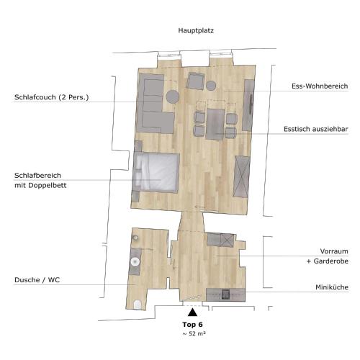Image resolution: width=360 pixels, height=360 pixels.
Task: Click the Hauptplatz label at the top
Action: pyautogui.click(x=196, y=31)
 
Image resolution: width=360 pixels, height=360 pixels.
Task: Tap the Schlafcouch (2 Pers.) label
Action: pyautogui.click(x=51, y=97)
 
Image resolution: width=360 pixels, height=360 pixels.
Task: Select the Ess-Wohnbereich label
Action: pyautogui.click(x=320, y=86)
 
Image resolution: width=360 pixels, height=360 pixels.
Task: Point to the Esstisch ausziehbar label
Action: pyautogui.click(x=315, y=129)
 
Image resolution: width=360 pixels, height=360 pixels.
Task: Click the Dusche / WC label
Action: pyautogui.click(x=37, y=280)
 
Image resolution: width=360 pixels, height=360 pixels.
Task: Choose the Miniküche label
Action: pyautogui.click(x=332, y=287)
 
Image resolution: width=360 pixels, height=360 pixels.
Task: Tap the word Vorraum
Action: pyautogui.click(x=334, y=251)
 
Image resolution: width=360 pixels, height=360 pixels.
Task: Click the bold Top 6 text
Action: pyautogui.click(x=192, y=325)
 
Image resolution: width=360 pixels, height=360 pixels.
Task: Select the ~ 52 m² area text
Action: pyautogui.click(x=194, y=333)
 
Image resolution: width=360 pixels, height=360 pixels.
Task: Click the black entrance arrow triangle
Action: pyautogui.click(x=192, y=312)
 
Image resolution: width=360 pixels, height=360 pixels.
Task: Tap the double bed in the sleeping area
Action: pyautogui.click(x=157, y=172)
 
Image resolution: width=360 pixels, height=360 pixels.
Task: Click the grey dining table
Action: pyautogui.click(x=215, y=124)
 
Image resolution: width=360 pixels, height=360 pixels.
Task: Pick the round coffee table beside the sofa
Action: pyautogui.click(x=173, y=96)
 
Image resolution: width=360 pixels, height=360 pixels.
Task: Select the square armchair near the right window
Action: pyautogui.click(x=196, y=81)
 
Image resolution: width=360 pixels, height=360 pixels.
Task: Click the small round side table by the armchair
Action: pyautogui.click(x=211, y=86)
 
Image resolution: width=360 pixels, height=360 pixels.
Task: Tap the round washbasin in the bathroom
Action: pyautogui.click(x=135, y=261)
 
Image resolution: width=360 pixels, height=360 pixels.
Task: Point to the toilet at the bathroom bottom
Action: pyautogui.click(x=138, y=305)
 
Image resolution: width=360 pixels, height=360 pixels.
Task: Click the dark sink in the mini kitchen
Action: pyautogui.click(x=225, y=294)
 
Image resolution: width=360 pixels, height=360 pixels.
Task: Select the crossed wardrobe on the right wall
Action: pyautogui.click(x=241, y=176)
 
